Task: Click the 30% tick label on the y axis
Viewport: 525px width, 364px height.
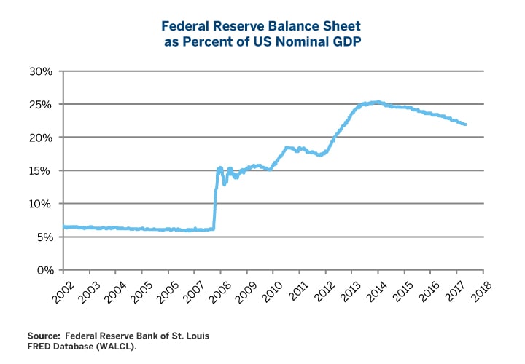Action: [x=41, y=71]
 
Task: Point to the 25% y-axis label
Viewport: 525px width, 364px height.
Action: [x=41, y=104]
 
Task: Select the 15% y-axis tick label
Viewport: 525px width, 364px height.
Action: [x=41, y=170]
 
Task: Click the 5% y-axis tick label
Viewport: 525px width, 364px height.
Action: [x=44, y=237]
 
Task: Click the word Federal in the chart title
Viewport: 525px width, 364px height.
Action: [x=186, y=26]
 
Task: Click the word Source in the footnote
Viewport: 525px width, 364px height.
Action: [x=44, y=336]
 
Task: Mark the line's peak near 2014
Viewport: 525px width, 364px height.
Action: [x=376, y=102]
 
